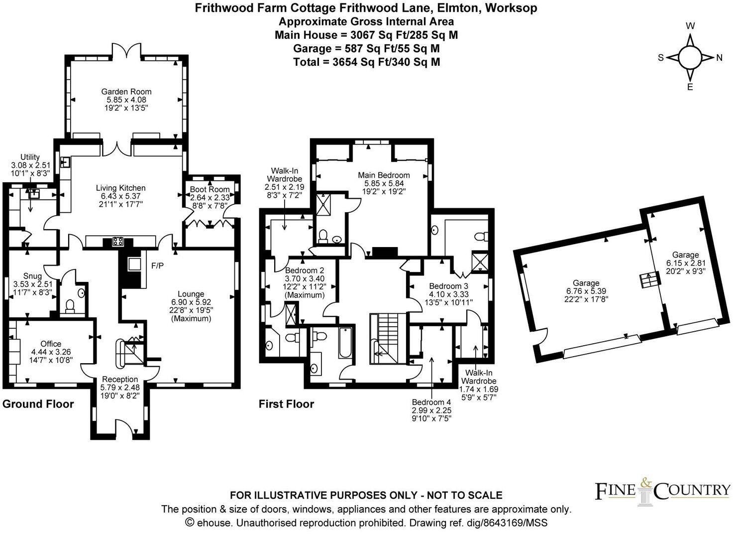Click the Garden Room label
(x=126, y=92)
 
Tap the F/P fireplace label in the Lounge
(x=157, y=266)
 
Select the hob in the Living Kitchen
(x=118, y=242)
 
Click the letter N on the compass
(x=719, y=58)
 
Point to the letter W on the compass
(x=691, y=26)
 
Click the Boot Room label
(x=210, y=189)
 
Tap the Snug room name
(x=33, y=276)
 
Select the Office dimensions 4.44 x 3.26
(x=51, y=352)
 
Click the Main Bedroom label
(x=384, y=175)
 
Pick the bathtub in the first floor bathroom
(x=345, y=342)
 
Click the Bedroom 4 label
(x=431, y=402)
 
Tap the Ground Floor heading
(x=38, y=404)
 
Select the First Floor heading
(x=286, y=404)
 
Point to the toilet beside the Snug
(x=70, y=306)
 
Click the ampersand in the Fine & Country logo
(x=644, y=483)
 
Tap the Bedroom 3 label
(x=449, y=286)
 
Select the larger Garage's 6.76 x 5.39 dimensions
(x=586, y=291)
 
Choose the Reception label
(x=120, y=380)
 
